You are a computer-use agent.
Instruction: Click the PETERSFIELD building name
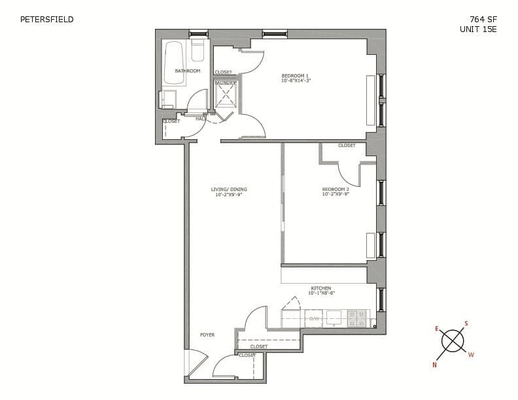click(x=47, y=19)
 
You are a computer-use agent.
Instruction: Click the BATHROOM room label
click(x=187, y=71)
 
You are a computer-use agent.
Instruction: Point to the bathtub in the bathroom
click(x=174, y=63)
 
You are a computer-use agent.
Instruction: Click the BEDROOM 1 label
click(x=295, y=75)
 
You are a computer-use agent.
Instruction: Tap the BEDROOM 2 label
click(x=336, y=189)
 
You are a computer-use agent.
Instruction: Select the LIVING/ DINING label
click(x=229, y=190)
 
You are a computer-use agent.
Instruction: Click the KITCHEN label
click(x=320, y=288)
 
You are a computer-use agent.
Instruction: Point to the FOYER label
click(x=207, y=335)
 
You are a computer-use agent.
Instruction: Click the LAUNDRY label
click(x=225, y=83)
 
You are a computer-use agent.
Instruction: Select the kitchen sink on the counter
click(x=334, y=316)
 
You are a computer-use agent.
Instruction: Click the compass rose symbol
click(x=452, y=341)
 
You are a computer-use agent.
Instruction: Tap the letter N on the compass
click(x=434, y=365)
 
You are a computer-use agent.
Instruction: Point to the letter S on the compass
click(x=466, y=323)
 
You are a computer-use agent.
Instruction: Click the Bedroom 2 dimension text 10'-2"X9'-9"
click(x=336, y=194)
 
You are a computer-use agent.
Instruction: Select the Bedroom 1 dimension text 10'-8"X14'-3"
click(x=296, y=80)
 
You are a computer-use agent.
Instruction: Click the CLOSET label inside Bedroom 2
click(x=347, y=146)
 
